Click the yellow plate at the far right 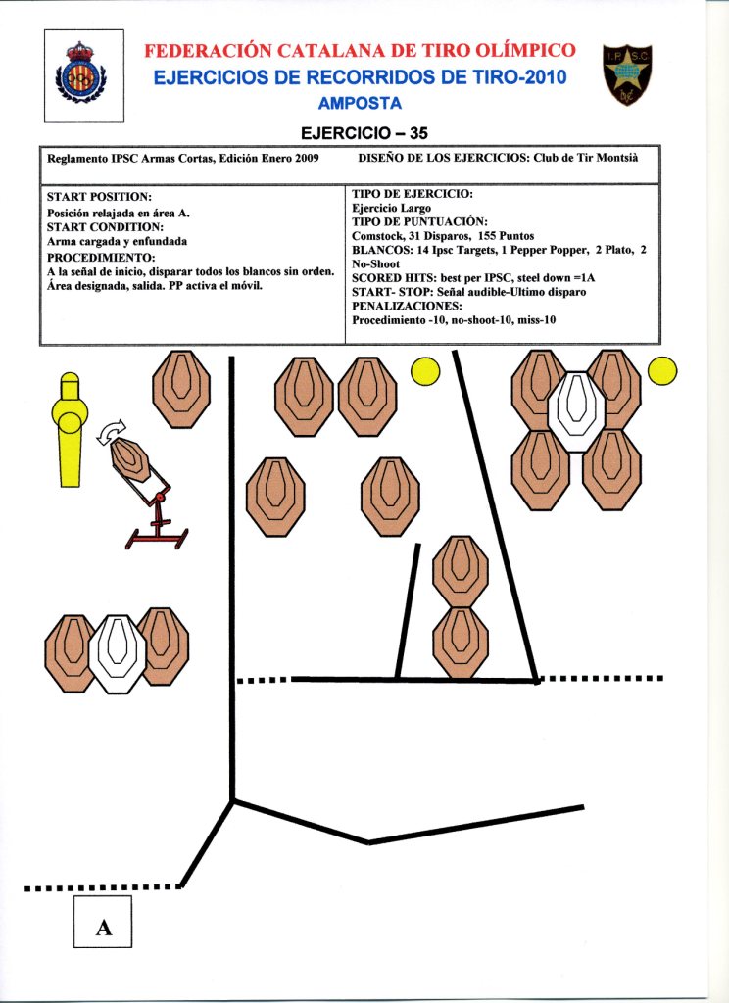(x=662, y=371)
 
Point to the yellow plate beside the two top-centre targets (x=425, y=371)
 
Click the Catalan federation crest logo (x=83, y=75)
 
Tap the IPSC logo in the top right (x=626, y=75)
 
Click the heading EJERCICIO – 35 (x=364, y=132)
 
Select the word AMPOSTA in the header (x=361, y=103)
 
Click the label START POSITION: (x=99, y=197)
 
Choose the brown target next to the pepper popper (x=180, y=389)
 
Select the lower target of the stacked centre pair (x=461, y=642)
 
